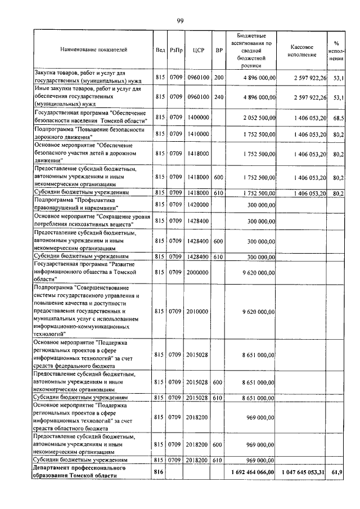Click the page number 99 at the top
pos(180,21)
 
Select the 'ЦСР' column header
pos(197,49)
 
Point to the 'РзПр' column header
pos(175,49)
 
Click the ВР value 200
pos(219,77)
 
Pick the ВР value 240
pos(219,97)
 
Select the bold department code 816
pos(160,472)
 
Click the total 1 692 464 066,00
pos(252,472)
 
